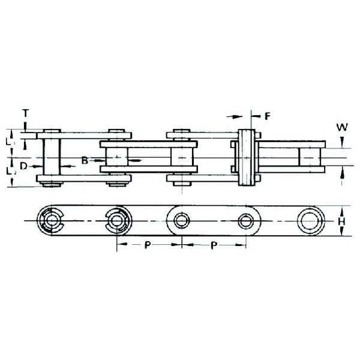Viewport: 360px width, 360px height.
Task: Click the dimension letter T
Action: (x=25, y=113)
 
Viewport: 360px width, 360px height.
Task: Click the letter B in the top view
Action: (x=85, y=160)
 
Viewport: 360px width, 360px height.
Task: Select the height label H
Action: (x=341, y=221)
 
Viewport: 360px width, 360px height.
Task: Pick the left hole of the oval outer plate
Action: (x=181, y=221)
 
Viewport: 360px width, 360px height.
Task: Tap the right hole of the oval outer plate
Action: (x=245, y=221)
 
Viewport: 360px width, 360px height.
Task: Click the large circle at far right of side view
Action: (x=310, y=221)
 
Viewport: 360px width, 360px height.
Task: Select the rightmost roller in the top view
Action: (x=310, y=157)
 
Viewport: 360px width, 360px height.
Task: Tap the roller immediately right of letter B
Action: (x=116, y=157)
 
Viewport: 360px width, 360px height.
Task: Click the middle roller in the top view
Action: (x=181, y=157)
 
